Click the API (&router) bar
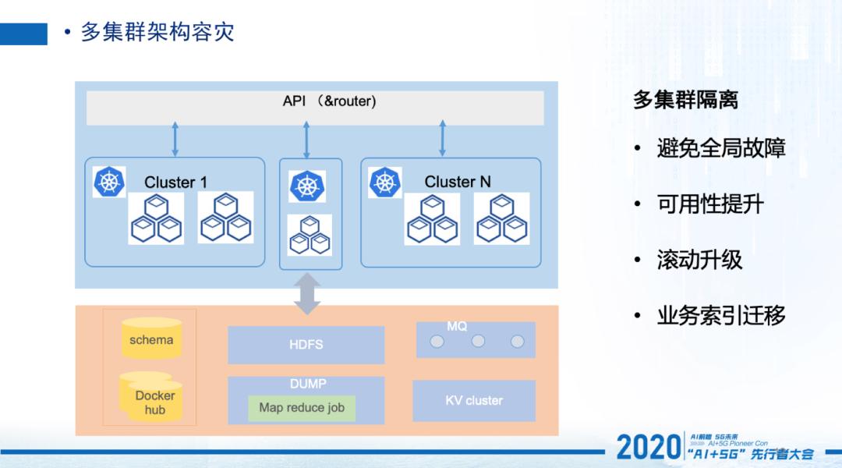click(x=315, y=107)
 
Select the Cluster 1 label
click(x=175, y=183)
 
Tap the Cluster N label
click(x=458, y=182)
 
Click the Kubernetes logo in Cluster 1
click(x=109, y=182)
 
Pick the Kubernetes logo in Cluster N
click(x=384, y=182)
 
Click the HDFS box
click(x=306, y=345)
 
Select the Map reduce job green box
click(x=302, y=408)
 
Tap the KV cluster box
click(x=474, y=400)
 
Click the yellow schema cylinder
click(x=151, y=337)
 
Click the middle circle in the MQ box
click(x=478, y=341)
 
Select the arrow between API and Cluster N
click(x=443, y=138)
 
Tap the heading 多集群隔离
click(x=685, y=100)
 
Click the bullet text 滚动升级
click(x=699, y=260)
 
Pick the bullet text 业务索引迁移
click(x=721, y=315)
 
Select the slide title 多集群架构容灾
click(x=157, y=32)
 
